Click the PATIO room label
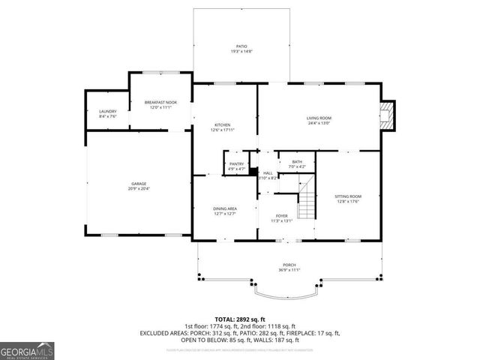241,46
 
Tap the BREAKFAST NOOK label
160,102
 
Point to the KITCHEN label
223,124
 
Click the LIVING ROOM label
318,118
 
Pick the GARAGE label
139,184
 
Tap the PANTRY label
236,163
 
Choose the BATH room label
297,161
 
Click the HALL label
268,172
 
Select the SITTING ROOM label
348,196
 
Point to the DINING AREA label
225,208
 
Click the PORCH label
289,265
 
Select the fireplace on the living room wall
386,116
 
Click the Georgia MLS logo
26,350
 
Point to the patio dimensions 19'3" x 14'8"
241,52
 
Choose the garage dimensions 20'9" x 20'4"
139,189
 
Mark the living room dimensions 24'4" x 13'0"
318,124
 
